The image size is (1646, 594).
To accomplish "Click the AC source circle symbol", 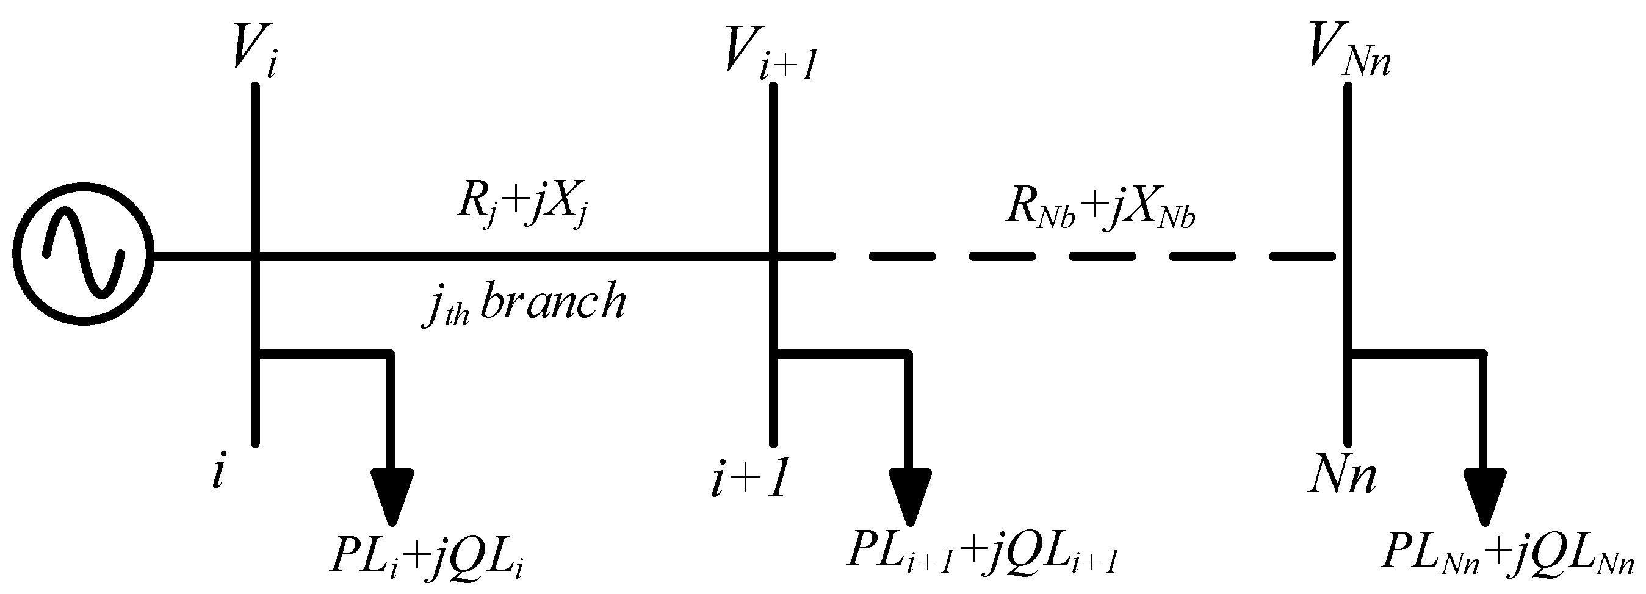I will pos(83,256).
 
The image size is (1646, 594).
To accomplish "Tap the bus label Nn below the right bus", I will pos(1341,476).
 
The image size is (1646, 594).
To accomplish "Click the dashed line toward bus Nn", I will pos(1055,256).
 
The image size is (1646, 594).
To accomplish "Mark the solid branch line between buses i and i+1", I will pos(511,256).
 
